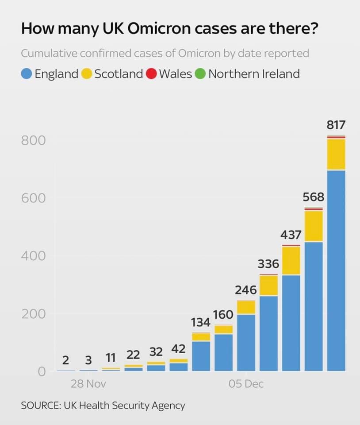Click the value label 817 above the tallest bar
[x=336, y=125]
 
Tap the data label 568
[x=314, y=197]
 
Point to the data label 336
[x=268, y=264]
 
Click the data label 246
[x=246, y=290]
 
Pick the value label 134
[x=201, y=323]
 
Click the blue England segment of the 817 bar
[x=336, y=270]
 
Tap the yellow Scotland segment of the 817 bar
[x=336, y=154]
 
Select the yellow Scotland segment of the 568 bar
[x=314, y=226]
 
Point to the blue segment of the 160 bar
[x=223, y=352]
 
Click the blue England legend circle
[x=27, y=73]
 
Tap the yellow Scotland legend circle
[x=87, y=73]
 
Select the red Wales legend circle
[x=151, y=73]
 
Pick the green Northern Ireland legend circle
[x=200, y=73]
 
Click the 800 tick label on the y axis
[x=33, y=141]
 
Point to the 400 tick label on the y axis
[x=33, y=256]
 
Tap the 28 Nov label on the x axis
[x=88, y=384]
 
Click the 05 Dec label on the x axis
[x=246, y=384]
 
